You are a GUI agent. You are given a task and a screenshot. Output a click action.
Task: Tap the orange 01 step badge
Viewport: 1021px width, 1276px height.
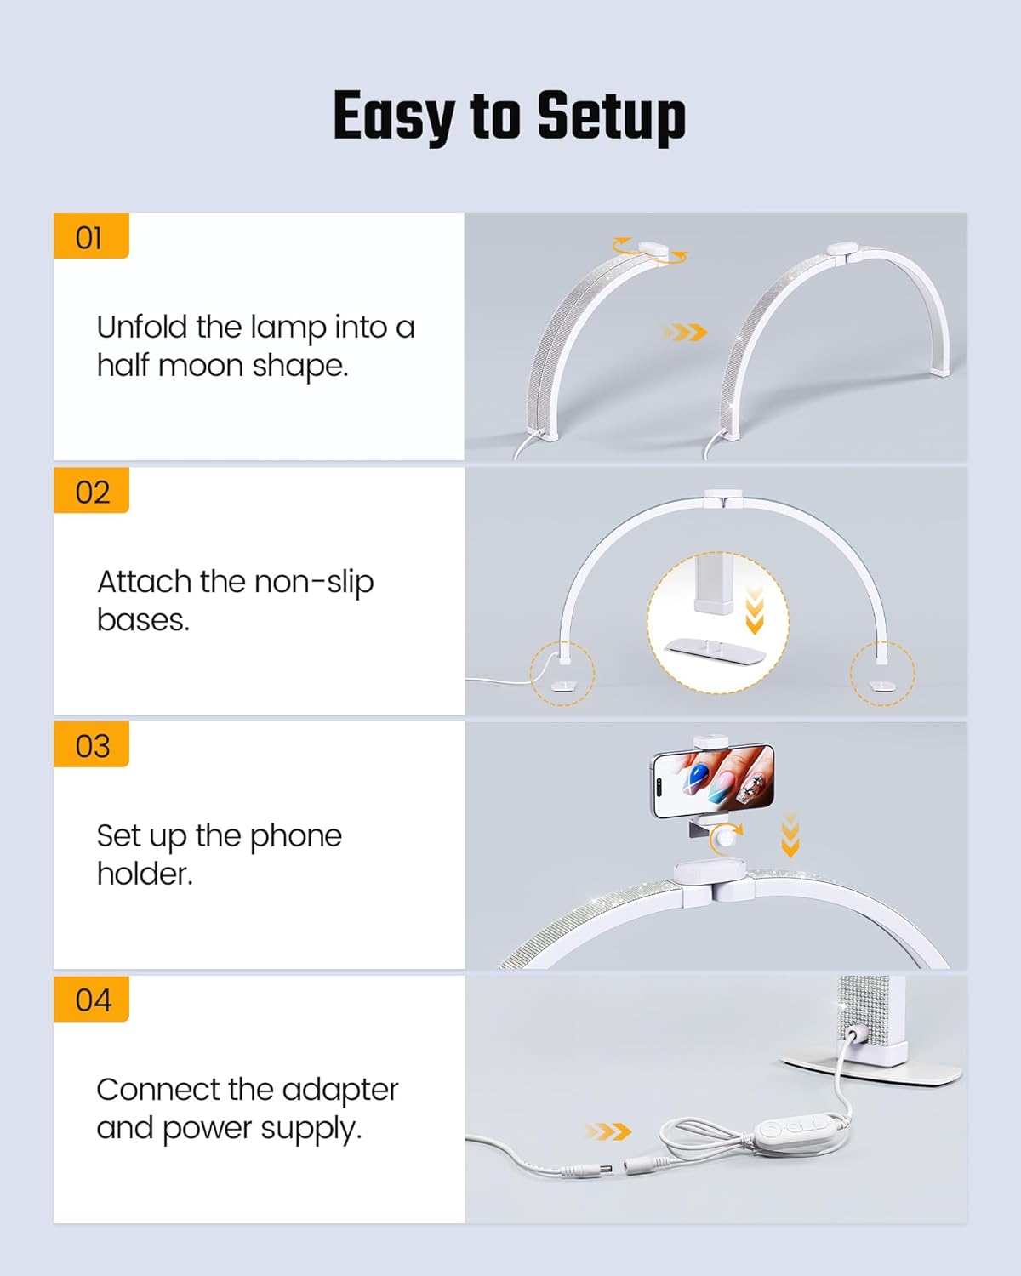pyautogui.click(x=91, y=236)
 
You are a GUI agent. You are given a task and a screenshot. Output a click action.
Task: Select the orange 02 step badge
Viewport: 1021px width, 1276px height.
pyautogui.click(x=92, y=492)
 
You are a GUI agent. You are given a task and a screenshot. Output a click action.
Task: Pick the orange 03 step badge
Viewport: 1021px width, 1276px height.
pyautogui.click(x=92, y=746)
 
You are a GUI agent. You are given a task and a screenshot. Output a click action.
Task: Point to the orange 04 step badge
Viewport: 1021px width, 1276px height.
pyautogui.click(x=92, y=1000)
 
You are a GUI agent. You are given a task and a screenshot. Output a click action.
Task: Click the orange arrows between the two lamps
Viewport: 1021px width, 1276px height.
pyautogui.click(x=685, y=332)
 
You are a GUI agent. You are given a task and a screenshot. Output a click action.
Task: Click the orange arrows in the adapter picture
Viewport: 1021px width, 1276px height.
pyautogui.click(x=608, y=1131)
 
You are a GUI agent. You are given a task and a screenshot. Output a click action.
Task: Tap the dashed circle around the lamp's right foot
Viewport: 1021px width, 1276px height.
pyautogui.click(x=882, y=673)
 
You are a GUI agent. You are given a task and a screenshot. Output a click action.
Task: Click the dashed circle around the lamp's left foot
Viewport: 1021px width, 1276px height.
pyautogui.click(x=562, y=673)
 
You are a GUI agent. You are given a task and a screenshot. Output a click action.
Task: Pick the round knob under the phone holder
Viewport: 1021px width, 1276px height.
pyautogui.click(x=725, y=840)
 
